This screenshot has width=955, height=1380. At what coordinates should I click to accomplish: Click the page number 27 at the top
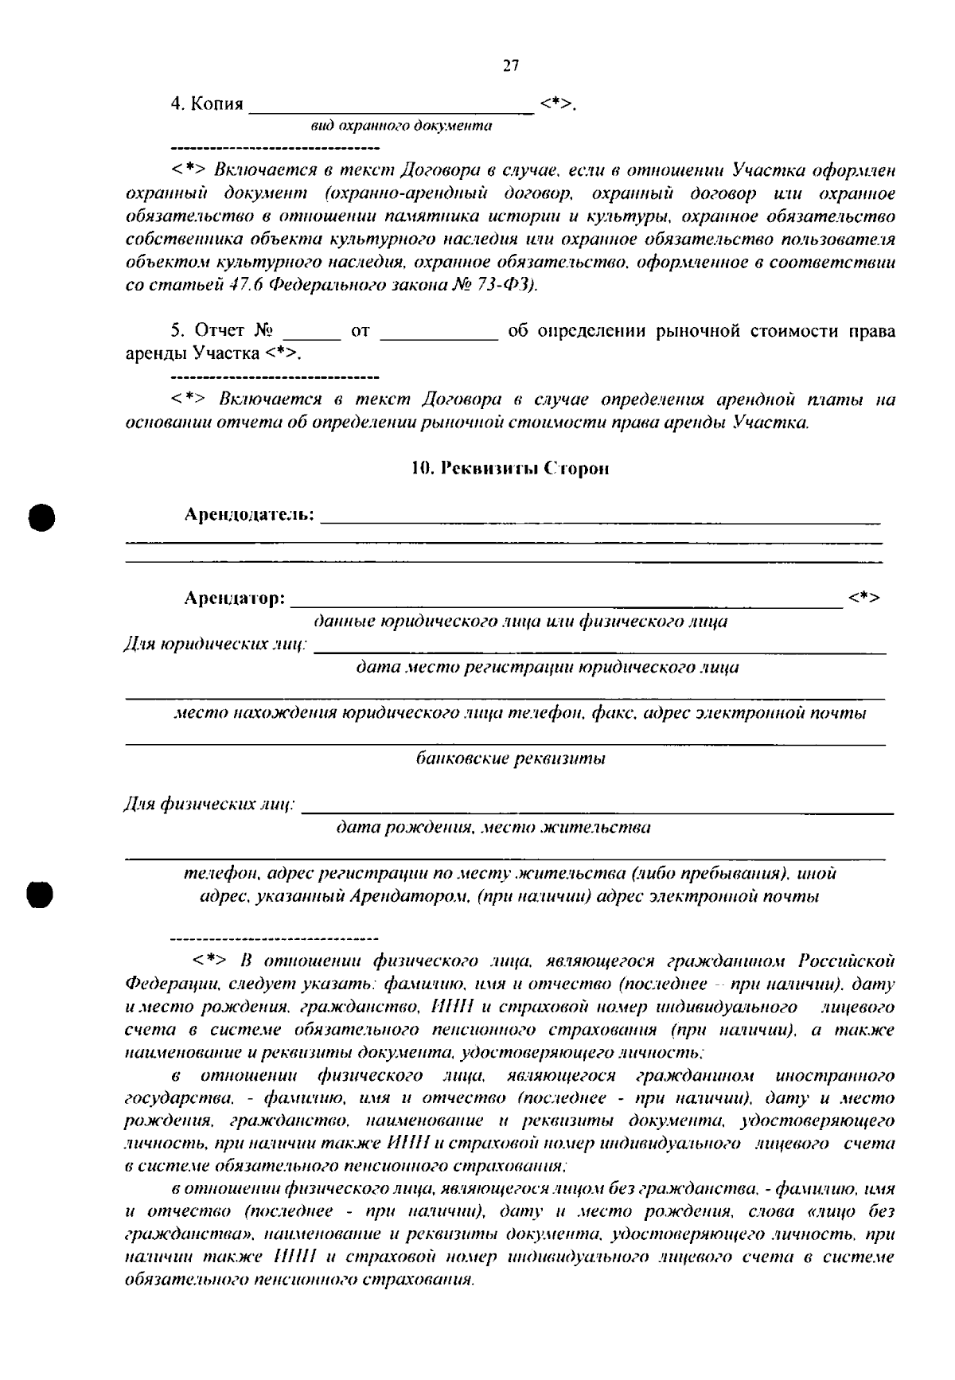click(511, 66)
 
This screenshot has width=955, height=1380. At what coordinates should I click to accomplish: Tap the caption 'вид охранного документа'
click(400, 127)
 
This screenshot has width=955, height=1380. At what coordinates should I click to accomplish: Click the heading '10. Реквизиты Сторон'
click(509, 469)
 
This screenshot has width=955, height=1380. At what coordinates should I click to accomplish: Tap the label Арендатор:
click(235, 598)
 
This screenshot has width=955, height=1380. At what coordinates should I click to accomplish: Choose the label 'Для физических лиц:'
click(209, 805)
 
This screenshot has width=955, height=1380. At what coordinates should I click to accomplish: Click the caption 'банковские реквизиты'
click(511, 758)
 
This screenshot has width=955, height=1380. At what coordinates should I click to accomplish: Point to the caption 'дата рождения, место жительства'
click(493, 828)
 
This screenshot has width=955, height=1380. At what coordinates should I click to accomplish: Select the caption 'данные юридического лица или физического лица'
click(520, 622)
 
